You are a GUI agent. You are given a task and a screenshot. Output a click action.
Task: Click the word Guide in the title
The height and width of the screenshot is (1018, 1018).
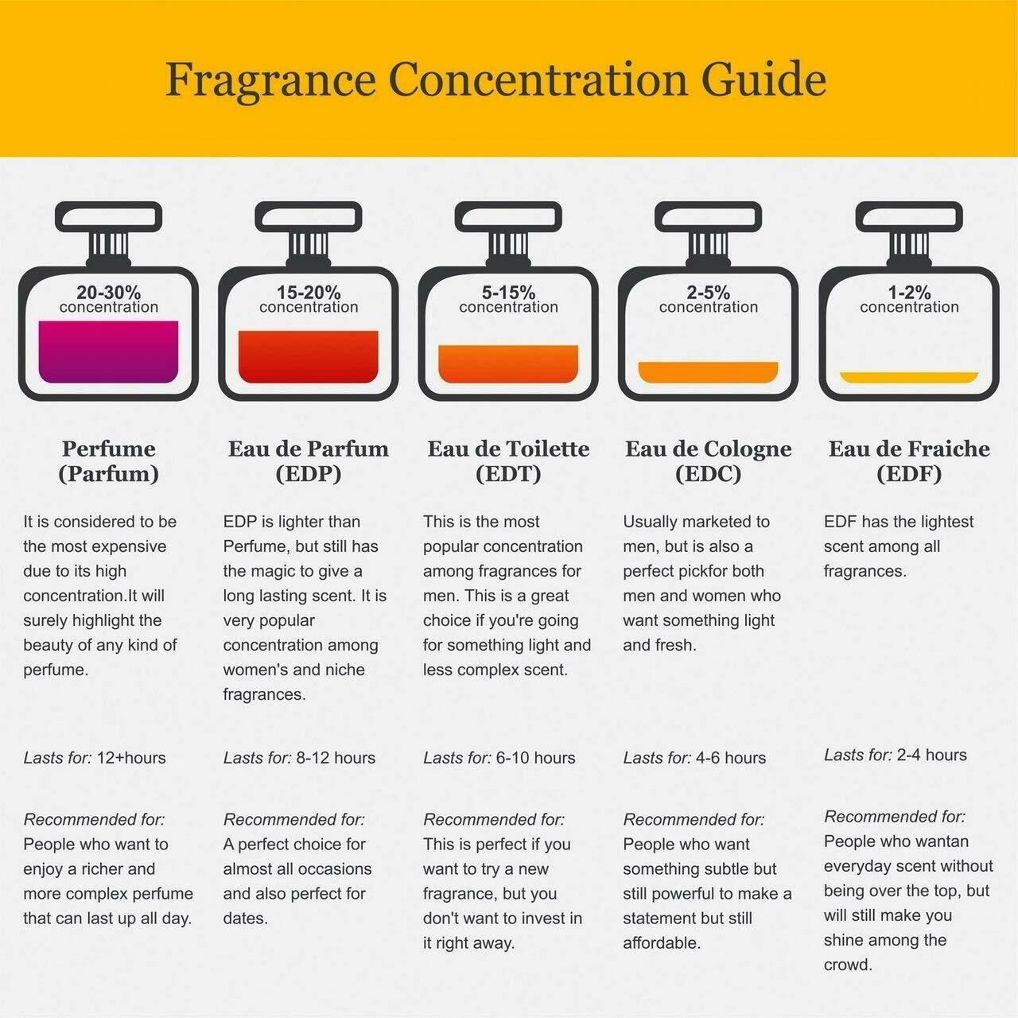coord(765,80)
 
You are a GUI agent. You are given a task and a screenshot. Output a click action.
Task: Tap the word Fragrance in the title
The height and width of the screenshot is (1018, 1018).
coord(270,80)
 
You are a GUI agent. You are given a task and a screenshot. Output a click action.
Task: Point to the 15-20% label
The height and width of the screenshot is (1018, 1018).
coord(309,293)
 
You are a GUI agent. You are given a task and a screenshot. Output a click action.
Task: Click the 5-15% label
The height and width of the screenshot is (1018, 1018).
coord(508,293)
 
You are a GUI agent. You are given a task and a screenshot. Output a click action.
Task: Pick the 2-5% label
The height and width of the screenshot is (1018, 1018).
coord(708,293)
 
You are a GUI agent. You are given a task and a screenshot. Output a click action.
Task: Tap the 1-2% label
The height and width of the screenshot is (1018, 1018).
coord(909,293)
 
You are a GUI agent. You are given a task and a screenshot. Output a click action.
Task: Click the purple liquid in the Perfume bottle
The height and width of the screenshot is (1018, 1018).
coord(108,352)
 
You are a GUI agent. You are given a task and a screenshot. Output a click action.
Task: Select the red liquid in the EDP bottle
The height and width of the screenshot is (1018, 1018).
coord(309,356)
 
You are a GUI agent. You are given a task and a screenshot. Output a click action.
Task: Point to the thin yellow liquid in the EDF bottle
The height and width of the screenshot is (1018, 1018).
coord(909,377)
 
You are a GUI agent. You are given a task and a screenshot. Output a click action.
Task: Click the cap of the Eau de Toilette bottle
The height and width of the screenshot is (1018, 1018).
coord(508,216)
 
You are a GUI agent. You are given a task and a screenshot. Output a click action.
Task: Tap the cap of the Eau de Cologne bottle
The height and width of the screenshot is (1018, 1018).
coord(708,216)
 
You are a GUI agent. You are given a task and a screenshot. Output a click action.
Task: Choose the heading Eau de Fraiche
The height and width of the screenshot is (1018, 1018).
coord(909,449)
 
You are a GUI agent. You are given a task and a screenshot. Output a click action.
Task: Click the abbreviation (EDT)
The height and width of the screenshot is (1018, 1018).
coord(508,474)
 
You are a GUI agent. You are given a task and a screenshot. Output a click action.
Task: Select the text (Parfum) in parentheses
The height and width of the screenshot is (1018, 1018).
coord(108,474)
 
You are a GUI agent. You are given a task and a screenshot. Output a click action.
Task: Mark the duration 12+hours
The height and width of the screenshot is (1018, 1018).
coord(131,758)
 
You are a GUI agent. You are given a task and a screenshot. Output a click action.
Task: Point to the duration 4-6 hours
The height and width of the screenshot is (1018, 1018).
coord(731,758)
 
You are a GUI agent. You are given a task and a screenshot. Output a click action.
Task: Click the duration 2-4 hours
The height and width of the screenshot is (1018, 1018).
coord(932,755)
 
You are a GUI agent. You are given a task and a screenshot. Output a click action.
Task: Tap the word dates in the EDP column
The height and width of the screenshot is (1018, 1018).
coord(246,918)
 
